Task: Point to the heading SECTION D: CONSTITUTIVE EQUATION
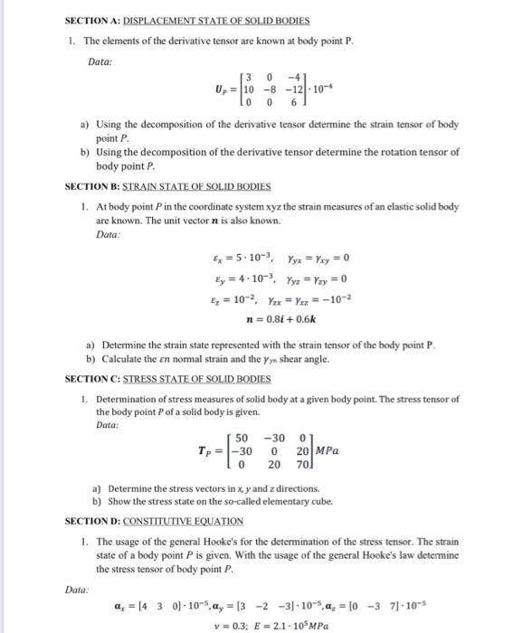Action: click(x=155, y=521)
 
